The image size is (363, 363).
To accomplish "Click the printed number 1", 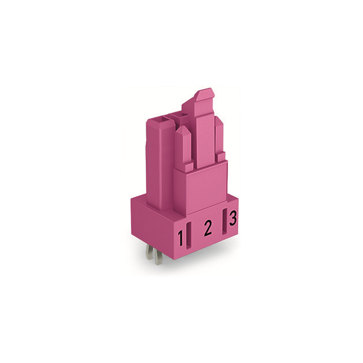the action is [180, 238].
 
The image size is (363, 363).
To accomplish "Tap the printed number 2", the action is [208, 228].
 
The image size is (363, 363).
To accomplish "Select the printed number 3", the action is [233, 218].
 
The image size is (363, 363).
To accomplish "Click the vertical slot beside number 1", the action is [189, 235].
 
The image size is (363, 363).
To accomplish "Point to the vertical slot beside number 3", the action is [225, 222].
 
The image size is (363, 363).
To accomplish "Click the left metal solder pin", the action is [149, 252].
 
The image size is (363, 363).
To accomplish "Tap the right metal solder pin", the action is [158, 258].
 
